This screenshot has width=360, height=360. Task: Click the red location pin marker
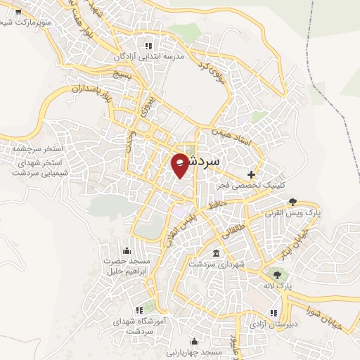pos(180,165)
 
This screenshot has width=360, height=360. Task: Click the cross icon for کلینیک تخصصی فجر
pos(252,174)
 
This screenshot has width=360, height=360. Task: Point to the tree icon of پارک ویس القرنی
pos(292,202)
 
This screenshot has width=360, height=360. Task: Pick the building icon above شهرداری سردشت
pos(214,252)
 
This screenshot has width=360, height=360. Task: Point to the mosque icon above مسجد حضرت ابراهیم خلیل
pos(127,250)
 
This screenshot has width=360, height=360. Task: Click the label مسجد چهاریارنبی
pos(193,351)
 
